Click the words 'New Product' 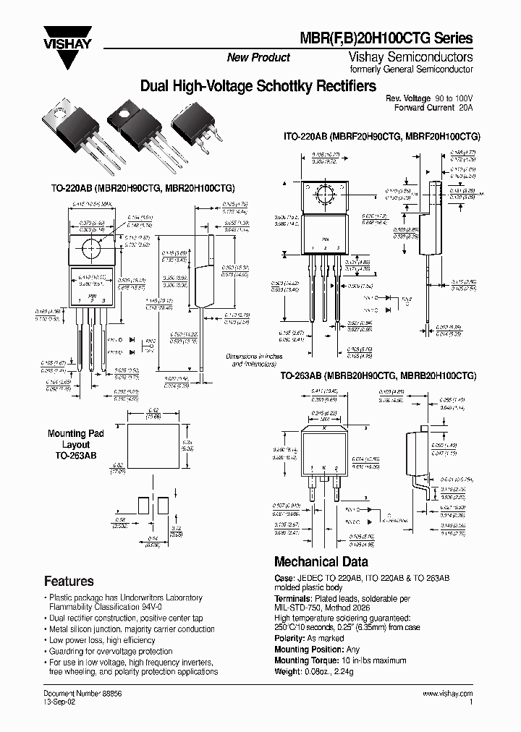tap(258, 57)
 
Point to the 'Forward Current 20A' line tap(433, 108)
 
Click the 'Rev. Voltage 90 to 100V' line tap(428, 98)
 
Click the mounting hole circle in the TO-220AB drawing tap(92, 249)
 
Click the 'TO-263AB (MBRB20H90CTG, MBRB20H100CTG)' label tap(378, 377)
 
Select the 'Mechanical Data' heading tap(321, 561)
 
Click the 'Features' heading tap(69, 581)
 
